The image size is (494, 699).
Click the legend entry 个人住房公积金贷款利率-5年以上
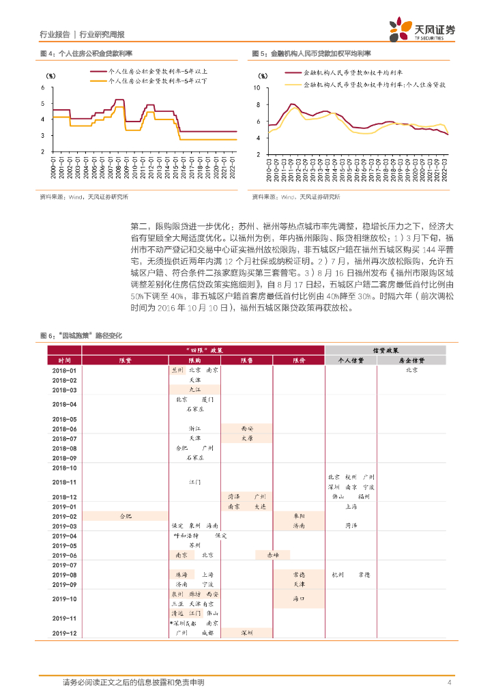[153, 71]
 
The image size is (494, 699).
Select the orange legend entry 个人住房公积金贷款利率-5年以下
[153, 81]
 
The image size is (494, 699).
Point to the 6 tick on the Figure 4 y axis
[43, 87]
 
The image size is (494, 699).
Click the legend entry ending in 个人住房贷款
[365, 85]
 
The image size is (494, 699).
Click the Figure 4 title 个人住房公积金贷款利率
[95, 53]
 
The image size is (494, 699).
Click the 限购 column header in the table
[194, 360]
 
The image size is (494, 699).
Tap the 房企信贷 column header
[411, 360]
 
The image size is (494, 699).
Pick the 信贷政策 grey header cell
[386, 349]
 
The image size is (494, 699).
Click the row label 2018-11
[64, 482]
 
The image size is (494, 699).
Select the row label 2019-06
[64, 555]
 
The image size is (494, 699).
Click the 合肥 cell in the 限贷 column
[126, 516]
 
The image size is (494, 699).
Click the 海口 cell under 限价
[299, 599]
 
